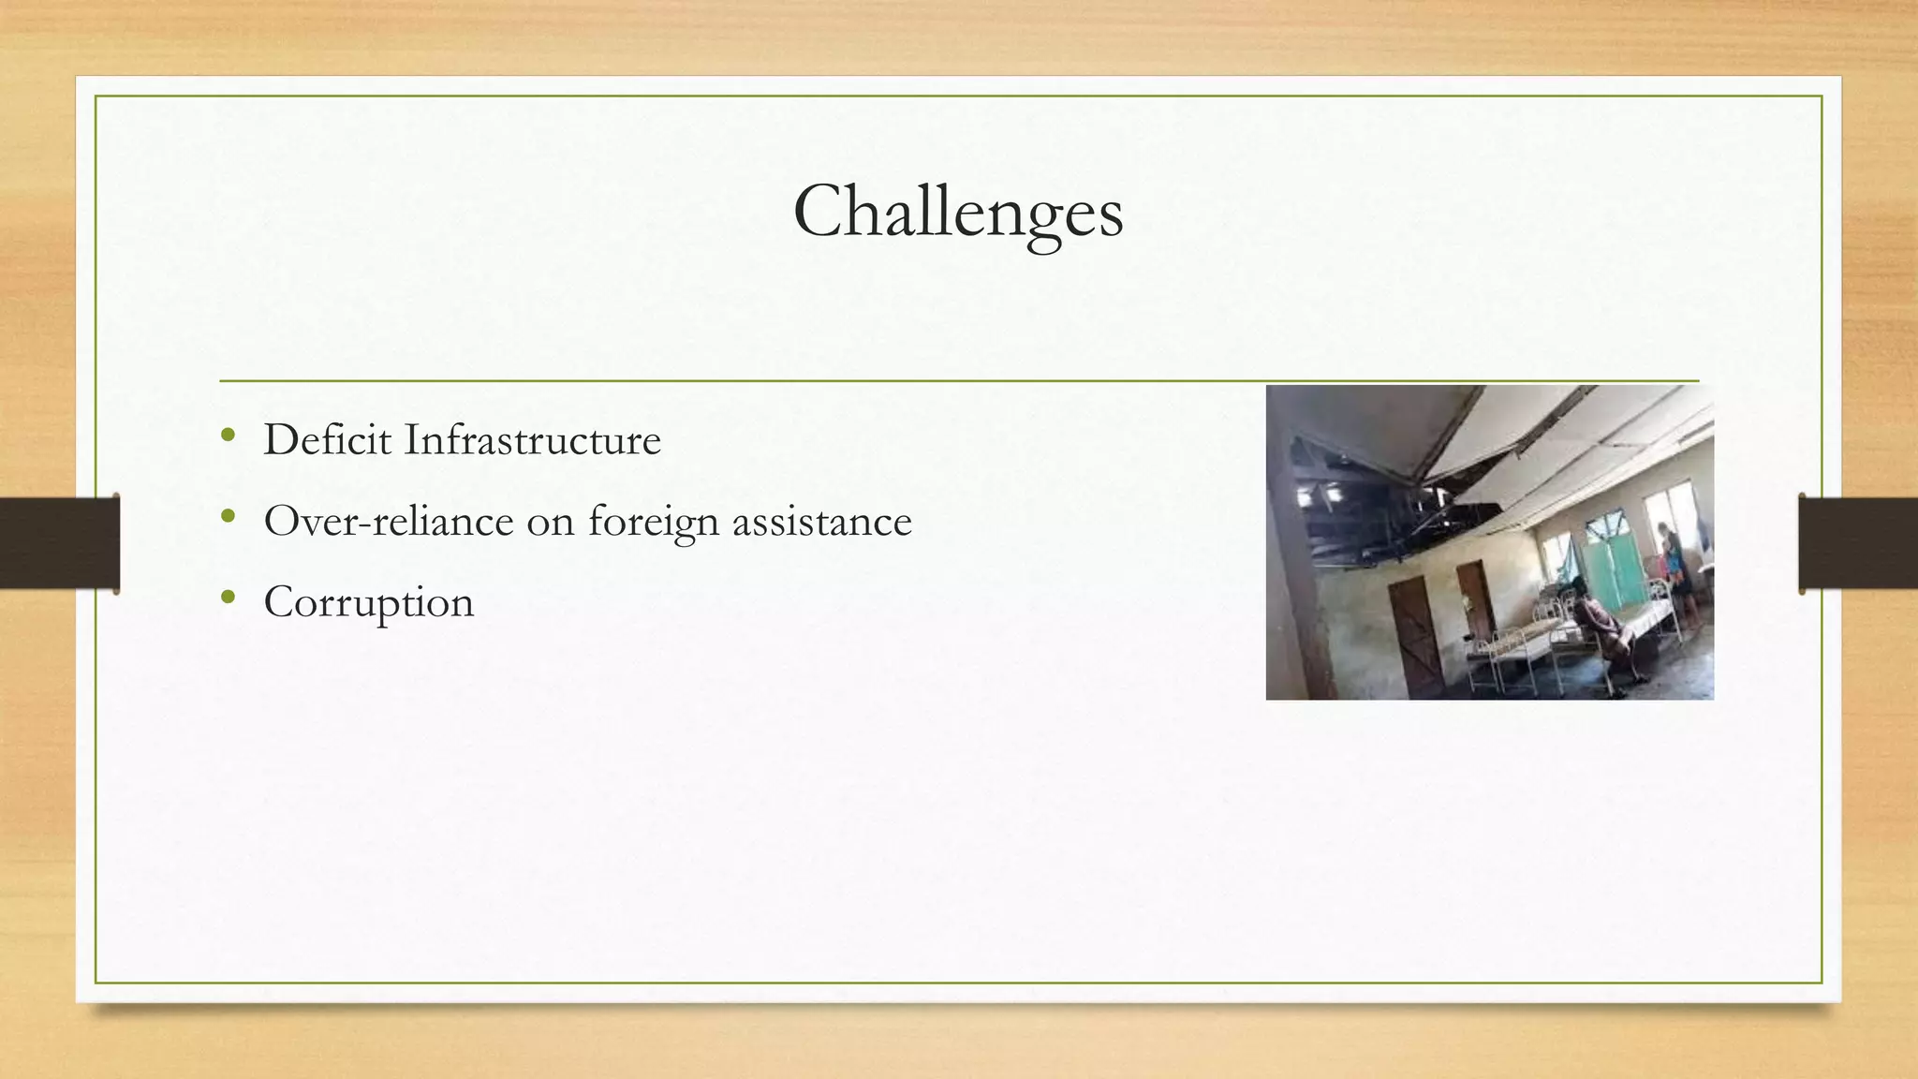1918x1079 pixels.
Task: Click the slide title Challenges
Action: point(958,212)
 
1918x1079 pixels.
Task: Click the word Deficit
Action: point(327,439)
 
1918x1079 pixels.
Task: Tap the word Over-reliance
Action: point(389,521)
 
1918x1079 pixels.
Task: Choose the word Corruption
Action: point(369,602)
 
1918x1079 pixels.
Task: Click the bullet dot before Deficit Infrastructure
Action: point(228,435)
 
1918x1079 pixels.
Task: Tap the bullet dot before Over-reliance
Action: point(228,516)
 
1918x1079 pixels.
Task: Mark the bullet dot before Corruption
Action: point(228,597)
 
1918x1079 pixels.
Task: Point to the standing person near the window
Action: point(1672,571)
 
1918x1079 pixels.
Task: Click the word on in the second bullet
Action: point(551,523)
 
